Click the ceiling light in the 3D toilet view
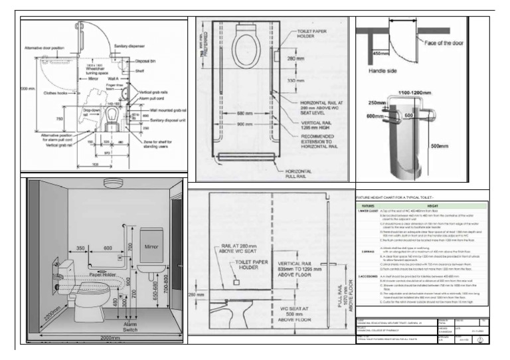point(110,184)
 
